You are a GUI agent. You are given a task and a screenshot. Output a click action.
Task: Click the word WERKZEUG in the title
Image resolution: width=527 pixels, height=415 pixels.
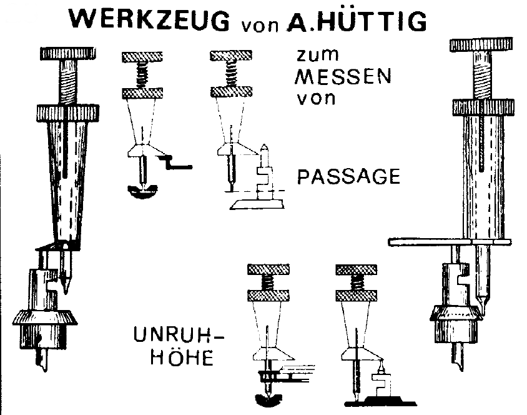(x=150, y=20)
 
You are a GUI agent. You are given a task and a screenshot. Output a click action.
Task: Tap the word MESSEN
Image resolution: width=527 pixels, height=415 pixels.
(x=343, y=77)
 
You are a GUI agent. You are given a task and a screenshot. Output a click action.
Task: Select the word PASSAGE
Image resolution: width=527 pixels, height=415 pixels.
(x=349, y=176)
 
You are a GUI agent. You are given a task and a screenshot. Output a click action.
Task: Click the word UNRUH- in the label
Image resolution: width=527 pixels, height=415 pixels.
(x=179, y=335)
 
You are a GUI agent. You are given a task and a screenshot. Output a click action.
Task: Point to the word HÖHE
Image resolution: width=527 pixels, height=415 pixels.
(x=182, y=357)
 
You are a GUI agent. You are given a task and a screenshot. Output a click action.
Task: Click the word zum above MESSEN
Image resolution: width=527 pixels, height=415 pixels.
(x=318, y=55)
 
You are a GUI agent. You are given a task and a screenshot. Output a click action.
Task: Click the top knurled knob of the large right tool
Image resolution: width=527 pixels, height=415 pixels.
(x=481, y=45)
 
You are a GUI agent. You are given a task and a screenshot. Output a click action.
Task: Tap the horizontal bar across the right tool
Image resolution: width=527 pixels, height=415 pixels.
(x=450, y=242)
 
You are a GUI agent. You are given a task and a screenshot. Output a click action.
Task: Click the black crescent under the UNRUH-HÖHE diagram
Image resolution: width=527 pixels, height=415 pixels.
(x=268, y=400)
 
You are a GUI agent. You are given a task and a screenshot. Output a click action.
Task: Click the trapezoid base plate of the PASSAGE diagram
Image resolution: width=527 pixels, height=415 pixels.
(x=257, y=204)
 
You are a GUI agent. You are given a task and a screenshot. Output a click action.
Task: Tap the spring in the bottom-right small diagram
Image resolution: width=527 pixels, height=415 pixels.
(x=357, y=283)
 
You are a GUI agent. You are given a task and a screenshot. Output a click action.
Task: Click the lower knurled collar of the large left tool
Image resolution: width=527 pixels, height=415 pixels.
(x=68, y=113)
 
